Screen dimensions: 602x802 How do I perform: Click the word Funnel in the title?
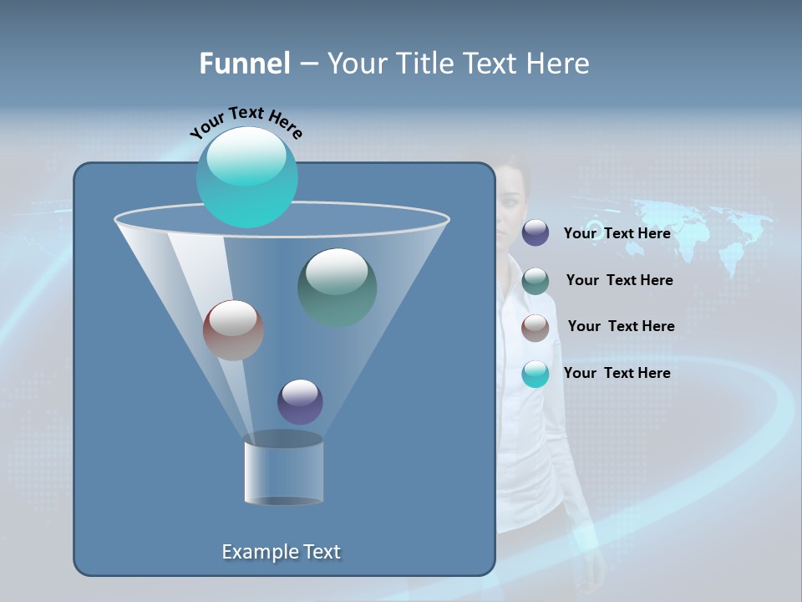(244, 64)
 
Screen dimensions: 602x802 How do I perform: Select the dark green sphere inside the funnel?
(337, 288)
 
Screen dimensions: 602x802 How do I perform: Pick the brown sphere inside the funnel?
(233, 330)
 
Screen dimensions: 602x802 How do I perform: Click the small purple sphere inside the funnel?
(300, 401)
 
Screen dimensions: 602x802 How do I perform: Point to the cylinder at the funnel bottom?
(283, 470)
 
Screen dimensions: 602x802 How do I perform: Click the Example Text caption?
(281, 552)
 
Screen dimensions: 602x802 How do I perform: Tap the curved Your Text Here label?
(246, 122)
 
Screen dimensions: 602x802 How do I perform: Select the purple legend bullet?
(536, 233)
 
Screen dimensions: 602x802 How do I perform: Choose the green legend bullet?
(536, 281)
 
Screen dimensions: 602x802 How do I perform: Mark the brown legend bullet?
(536, 327)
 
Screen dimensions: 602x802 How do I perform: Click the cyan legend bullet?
(536, 374)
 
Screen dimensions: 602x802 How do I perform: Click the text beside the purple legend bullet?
(617, 233)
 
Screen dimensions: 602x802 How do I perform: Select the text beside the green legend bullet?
(619, 280)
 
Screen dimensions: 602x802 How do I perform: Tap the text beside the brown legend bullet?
(621, 326)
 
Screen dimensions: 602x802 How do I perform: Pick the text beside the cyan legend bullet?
(617, 373)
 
